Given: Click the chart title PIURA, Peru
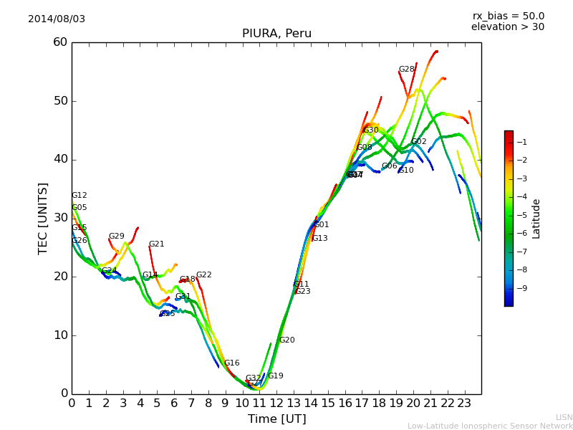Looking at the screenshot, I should [x=276, y=34].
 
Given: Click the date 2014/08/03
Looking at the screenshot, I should [x=57, y=19].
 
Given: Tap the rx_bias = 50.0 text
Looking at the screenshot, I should [x=508, y=16].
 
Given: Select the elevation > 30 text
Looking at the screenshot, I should [x=507, y=27].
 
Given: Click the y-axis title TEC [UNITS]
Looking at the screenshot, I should [x=44, y=218].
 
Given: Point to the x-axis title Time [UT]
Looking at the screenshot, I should [x=276, y=419].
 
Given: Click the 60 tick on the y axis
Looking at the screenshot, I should [x=59, y=42].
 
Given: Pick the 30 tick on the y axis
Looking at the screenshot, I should [x=59, y=218].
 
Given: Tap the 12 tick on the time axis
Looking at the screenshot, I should [x=276, y=403].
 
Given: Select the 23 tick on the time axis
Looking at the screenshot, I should [x=464, y=403].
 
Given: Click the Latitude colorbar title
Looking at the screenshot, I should [x=536, y=219].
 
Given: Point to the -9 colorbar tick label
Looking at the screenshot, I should [x=522, y=288].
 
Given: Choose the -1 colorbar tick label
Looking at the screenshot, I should [x=522, y=142].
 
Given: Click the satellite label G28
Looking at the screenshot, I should [x=407, y=70].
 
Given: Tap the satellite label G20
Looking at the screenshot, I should [x=286, y=340].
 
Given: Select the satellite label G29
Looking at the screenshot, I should [x=116, y=236].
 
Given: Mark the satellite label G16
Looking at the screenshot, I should [x=232, y=363].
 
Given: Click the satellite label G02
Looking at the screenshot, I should [x=419, y=142].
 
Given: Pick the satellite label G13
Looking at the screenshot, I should [x=319, y=239].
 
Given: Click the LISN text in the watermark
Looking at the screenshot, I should [x=564, y=417].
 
